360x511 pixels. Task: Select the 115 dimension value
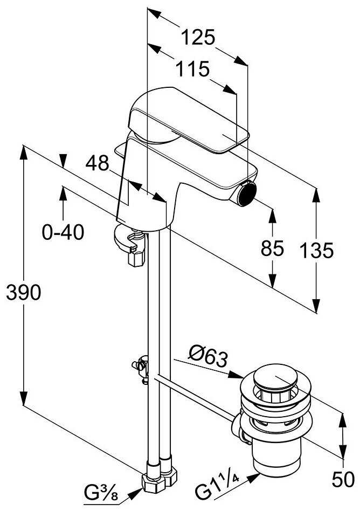point(191,70)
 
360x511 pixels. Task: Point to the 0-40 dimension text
point(64,233)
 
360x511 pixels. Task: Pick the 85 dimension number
point(272,248)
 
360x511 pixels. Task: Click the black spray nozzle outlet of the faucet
point(247,194)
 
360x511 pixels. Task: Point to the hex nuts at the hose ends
point(160,477)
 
